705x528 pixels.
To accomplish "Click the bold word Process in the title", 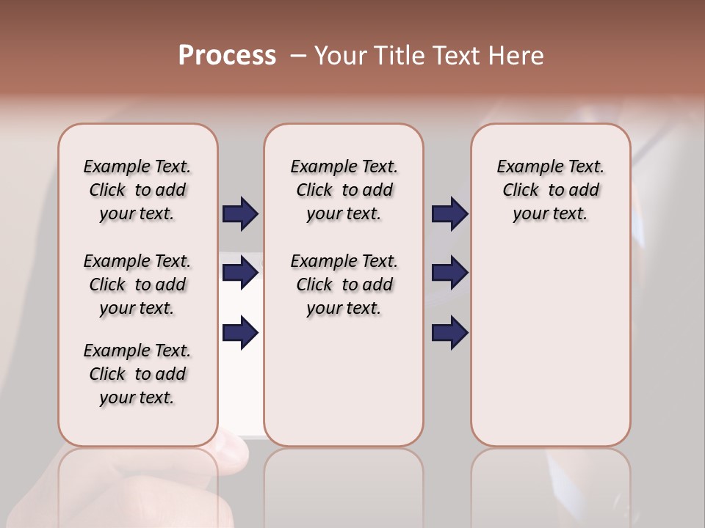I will [x=227, y=55].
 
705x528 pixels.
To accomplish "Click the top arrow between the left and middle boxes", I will [x=240, y=213].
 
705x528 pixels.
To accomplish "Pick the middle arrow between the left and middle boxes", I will [x=240, y=273].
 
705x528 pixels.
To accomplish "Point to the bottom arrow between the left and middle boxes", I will [x=240, y=332].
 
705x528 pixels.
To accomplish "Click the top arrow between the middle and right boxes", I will [x=450, y=213].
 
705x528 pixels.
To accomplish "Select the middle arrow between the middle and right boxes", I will [x=450, y=273].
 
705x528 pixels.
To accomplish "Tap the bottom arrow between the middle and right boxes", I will [x=450, y=332].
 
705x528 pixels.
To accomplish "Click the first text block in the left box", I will [x=137, y=190].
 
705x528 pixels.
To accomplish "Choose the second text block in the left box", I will [x=137, y=285].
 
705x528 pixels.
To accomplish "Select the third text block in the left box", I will [x=137, y=374].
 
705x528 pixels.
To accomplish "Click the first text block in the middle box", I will [x=344, y=190].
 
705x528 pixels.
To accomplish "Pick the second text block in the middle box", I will [x=344, y=285].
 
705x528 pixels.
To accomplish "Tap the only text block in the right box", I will [x=550, y=190].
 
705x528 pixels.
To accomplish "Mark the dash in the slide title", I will [x=298, y=56].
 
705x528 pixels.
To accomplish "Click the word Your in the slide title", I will [x=341, y=56].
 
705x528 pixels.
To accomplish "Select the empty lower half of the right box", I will [x=550, y=352].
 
